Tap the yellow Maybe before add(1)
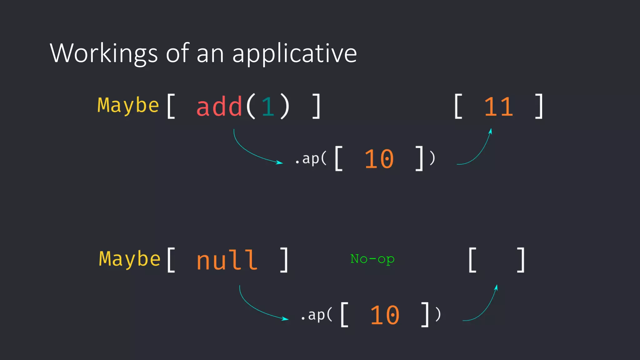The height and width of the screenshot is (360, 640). coord(128,106)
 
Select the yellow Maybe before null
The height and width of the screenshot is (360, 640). coord(130,259)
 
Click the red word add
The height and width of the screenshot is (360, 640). coord(219,107)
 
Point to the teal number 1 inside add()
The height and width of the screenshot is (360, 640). coord(268,107)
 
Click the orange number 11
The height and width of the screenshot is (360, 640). coord(498,107)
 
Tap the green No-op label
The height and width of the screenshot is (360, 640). coord(372,259)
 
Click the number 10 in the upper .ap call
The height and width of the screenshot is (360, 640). coord(379,159)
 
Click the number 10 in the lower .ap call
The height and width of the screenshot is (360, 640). coord(385,315)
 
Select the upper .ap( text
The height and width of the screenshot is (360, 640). coord(311,159)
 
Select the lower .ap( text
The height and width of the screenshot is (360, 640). coord(316,315)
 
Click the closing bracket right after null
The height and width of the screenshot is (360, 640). coord(284,260)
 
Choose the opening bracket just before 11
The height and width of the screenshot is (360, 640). coord(458,107)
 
